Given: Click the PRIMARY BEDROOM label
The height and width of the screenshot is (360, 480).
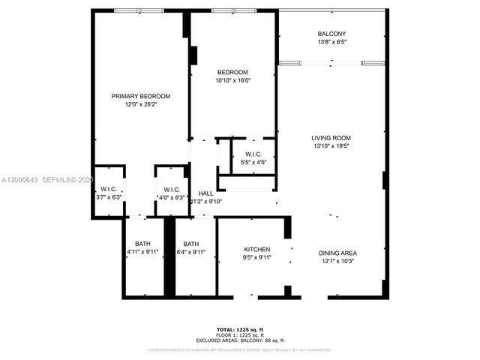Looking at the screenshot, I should pos(141,96).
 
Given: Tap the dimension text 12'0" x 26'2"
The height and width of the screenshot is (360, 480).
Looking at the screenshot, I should pos(141,104).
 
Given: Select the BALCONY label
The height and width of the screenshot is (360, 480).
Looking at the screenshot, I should pos(331,34).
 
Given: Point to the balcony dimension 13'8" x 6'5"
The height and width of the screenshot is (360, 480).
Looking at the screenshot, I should pos(331,42).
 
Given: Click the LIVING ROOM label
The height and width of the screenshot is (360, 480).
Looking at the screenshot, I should pos(331,138).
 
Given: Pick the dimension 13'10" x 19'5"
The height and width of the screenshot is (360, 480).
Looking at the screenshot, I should pos(331,146).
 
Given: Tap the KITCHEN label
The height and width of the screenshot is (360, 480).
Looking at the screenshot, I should pos(256,249).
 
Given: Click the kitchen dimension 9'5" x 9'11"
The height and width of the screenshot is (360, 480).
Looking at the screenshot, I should pos(256,257).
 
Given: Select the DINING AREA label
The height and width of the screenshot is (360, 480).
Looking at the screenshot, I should pos(337,253).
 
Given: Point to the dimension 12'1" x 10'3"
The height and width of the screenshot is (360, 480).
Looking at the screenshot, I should pos(337,261).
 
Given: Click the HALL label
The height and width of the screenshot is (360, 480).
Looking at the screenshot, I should pos(205,193).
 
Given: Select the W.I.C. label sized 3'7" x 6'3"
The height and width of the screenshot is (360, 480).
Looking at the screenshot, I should pos(109,189).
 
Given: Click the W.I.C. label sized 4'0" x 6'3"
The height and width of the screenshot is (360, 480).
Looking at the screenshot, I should pos(170,189).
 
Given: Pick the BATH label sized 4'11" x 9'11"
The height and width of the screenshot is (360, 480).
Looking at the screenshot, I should pos(142,244).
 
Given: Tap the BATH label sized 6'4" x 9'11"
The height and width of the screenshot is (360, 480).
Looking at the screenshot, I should pos(191,244).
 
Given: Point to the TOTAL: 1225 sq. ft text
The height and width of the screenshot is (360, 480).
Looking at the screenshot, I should pos(239,330).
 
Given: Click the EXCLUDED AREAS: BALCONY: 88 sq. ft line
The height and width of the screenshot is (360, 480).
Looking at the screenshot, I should pos(239,340).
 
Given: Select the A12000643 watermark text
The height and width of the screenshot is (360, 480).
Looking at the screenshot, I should pos(20,180).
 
